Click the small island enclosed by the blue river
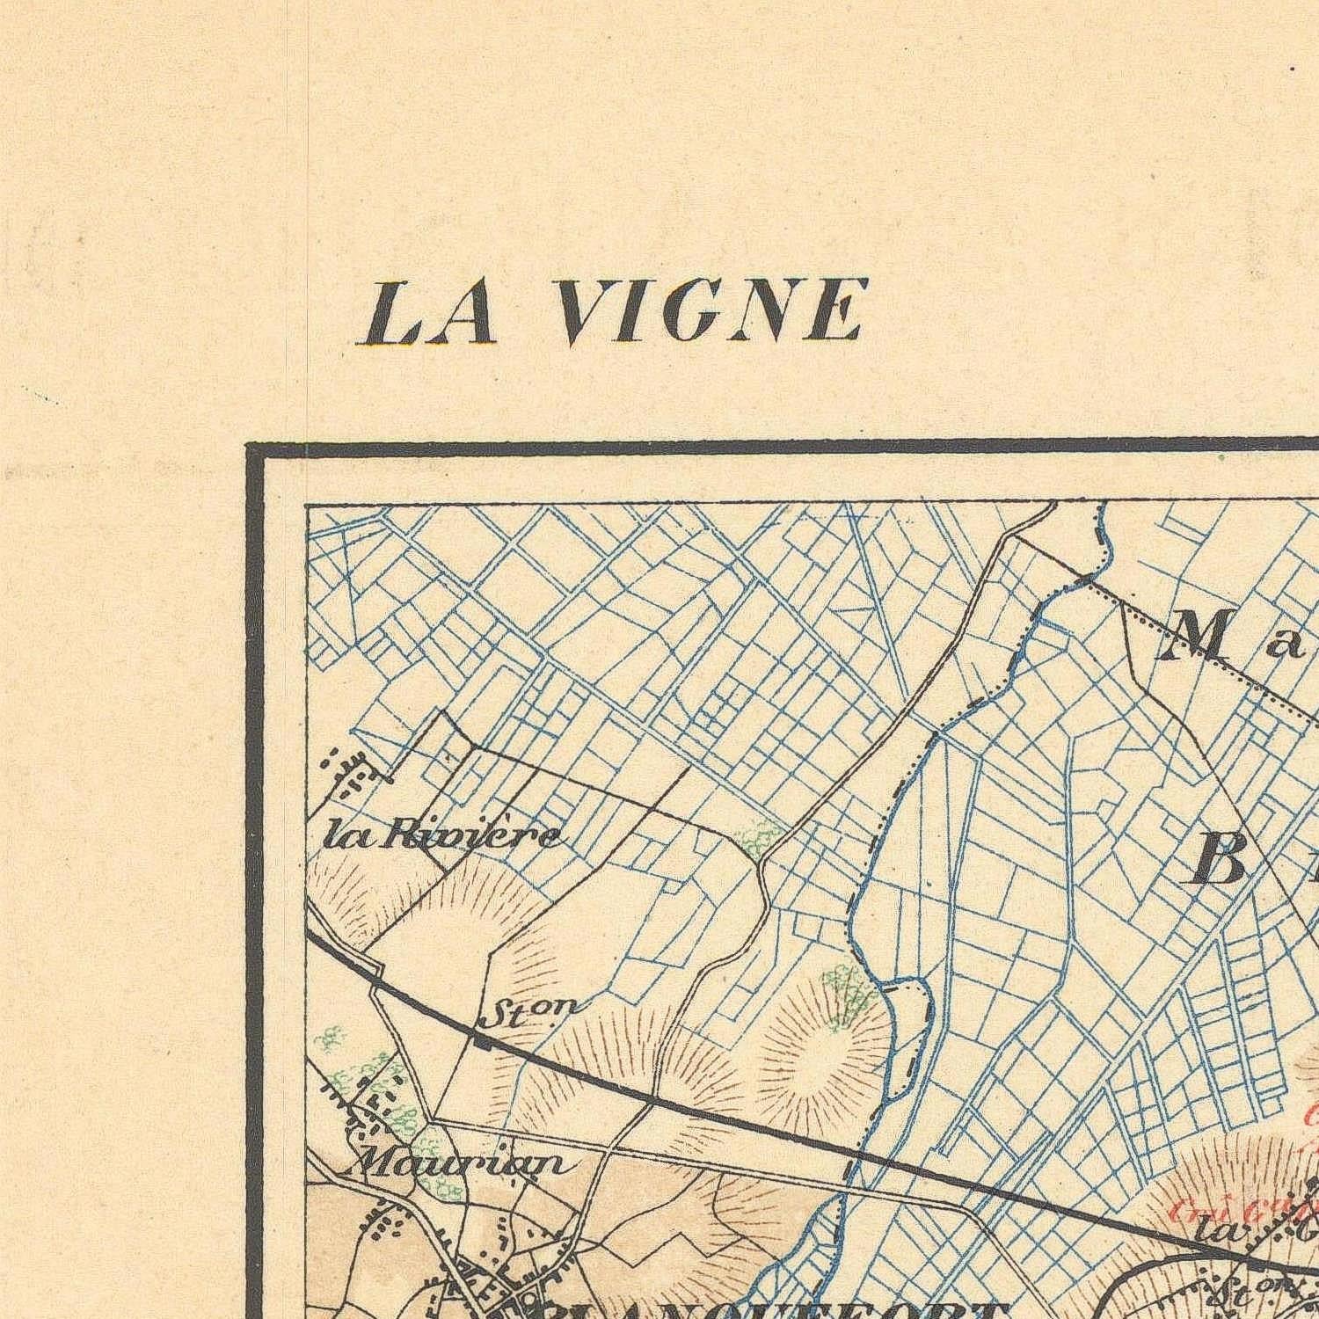click(x=906, y=1038)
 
